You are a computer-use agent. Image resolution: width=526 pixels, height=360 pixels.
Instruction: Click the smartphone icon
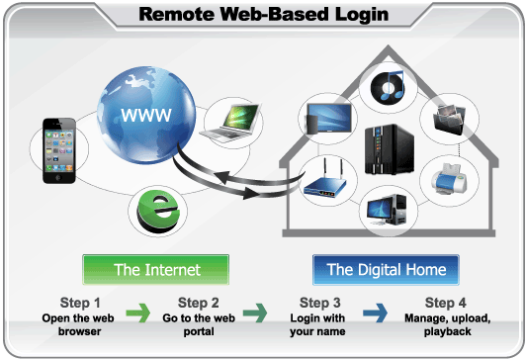(x=59, y=150)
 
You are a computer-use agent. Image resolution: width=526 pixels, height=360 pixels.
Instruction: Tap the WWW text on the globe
(x=146, y=115)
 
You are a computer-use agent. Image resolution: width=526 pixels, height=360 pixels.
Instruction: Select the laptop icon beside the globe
(x=230, y=123)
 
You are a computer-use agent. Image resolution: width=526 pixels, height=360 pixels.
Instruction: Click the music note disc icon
(x=388, y=87)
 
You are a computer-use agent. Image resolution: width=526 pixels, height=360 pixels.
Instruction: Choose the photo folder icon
(x=449, y=119)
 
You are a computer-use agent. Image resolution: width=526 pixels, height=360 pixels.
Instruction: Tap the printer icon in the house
(x=449, y=179)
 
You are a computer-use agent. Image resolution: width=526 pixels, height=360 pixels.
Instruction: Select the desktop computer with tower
(x=387, y=211)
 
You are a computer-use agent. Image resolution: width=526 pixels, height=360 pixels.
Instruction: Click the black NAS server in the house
(x=390, y=149)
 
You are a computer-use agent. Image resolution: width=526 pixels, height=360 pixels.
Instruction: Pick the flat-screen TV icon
(x=328, y=119)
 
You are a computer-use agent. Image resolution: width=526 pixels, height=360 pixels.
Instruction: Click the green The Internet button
(x=156, y=270)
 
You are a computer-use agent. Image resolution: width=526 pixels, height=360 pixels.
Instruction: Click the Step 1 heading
(x=80, y=303)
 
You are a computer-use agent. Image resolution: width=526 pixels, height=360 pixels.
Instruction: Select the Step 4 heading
(x=446, y=303)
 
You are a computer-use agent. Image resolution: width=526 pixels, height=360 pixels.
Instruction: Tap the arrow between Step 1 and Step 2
(x=138, y=314)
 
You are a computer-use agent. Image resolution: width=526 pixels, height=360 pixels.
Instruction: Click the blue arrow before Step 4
(x=375, y=314)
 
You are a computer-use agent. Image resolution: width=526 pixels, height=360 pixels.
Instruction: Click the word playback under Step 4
(x=448, y=331)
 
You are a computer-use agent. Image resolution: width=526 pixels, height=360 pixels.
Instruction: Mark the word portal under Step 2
(x=199, y=331)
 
